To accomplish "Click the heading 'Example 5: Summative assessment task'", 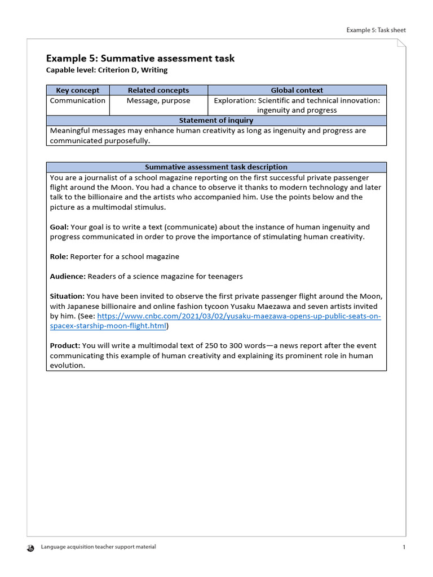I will (x=140, y=59).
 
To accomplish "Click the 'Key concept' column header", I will (x=77, y=90).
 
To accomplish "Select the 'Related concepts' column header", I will (x=158, y=90).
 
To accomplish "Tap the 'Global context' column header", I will (x=297, y=90).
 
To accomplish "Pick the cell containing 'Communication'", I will (x=77, y=101).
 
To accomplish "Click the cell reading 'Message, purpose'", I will (x=158, y=101).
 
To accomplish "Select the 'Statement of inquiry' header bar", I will (x=216, y=121).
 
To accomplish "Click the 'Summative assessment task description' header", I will (x=216, y=167).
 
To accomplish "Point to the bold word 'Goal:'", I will (x=59, y=227).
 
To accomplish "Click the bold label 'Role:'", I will (x=59, y=257).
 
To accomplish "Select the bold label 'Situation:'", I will (x=67, y=296).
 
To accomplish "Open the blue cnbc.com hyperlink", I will (x=239, y=317).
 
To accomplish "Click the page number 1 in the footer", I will (x=404, y=547).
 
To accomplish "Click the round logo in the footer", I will (x=31, y=548).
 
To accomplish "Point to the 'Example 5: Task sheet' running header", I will (x=375, y=30).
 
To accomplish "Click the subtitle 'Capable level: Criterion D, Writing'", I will (x=107, y=70).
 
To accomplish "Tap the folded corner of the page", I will (x=401, y=44).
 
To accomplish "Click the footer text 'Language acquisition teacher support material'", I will (x=99, y=547).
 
